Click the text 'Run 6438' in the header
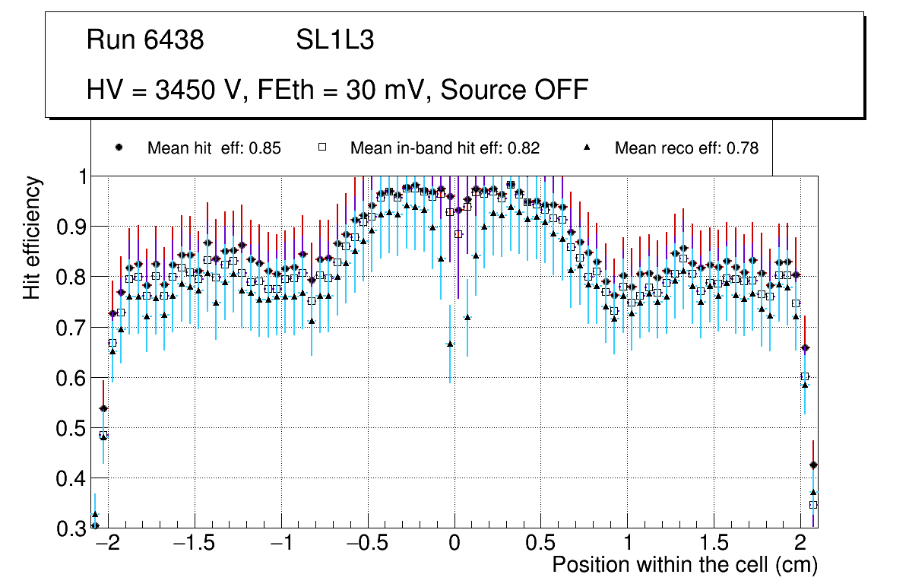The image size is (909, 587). [x=145, y=40]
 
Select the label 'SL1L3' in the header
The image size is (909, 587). [x=334, y=40]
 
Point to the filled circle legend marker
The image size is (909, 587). [x=119, y=148]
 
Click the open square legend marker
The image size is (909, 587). [x=321, y=148]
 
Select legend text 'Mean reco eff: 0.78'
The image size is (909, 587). [x=686, y=148]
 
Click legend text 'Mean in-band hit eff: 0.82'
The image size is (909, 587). [x=445, y=148]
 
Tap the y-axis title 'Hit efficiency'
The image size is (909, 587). [x=33, y=237]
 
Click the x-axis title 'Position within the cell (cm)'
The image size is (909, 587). [x=684, y=565]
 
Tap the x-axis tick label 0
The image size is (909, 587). [x=454, y=543]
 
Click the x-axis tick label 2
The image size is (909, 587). [x=800, y=543]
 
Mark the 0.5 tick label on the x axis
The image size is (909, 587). [x=540, y=543]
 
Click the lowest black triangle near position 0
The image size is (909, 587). [x=450, y=344]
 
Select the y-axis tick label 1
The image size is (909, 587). [x=80, y=177]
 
